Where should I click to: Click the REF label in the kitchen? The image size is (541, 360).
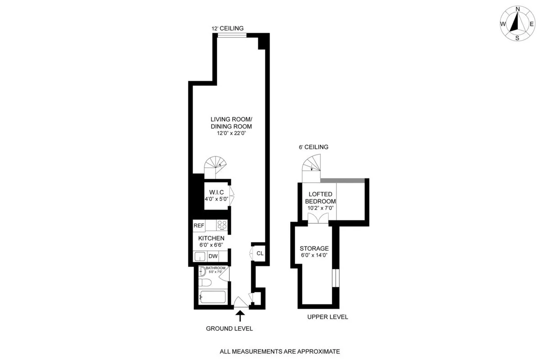coord(199,225)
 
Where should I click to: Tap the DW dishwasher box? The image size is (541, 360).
coord(213,256)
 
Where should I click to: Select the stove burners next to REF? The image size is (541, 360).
coord(222,225)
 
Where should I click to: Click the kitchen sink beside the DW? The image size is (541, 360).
coord(200,256)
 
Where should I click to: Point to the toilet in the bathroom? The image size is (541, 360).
coord(206,283)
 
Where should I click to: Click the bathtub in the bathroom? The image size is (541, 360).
coord(212,298)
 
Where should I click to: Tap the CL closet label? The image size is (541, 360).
coord(260,253)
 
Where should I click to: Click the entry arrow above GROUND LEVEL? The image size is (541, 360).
coord(240,315)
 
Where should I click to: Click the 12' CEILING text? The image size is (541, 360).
coord(228,28)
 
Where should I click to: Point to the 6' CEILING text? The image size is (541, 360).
coord(313,147)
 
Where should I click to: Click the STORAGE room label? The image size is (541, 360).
coord(314,248)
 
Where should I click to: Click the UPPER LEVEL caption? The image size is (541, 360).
coord(327,317)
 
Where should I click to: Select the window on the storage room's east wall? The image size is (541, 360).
coord(335,278)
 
